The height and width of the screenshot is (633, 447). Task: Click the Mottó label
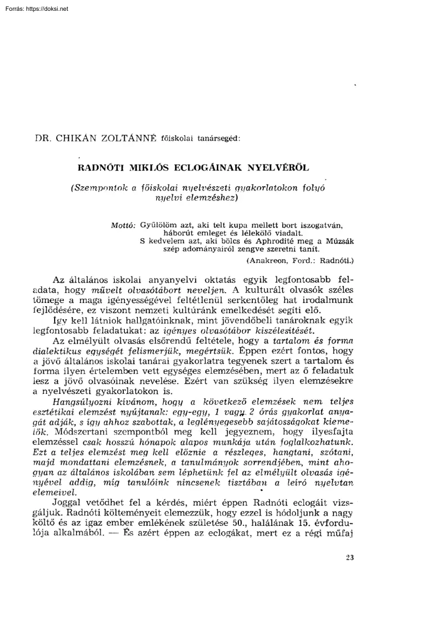(x=123, y=223)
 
